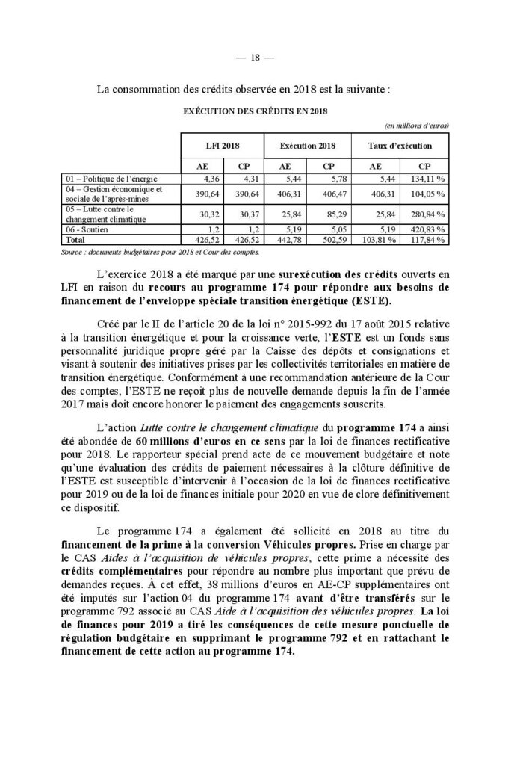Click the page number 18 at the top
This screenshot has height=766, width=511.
(x=255, y=57)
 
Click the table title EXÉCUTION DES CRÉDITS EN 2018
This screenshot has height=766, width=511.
(x=254, y=110)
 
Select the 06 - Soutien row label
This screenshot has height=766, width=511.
(x=82, y=231)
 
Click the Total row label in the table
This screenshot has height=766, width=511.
(x=75, y=241)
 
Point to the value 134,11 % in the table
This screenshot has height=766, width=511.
(x=430, y=179)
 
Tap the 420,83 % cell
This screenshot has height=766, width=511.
(x=430, y=231)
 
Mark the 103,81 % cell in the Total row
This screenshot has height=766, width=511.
(x=377, y=241)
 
